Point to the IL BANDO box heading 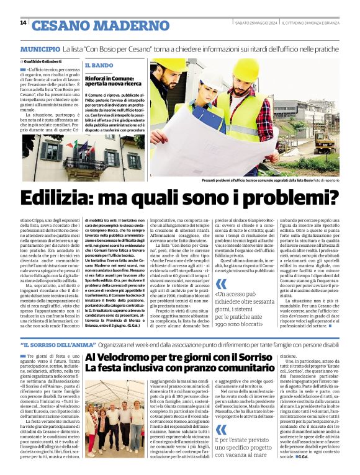tap(99, 65)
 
